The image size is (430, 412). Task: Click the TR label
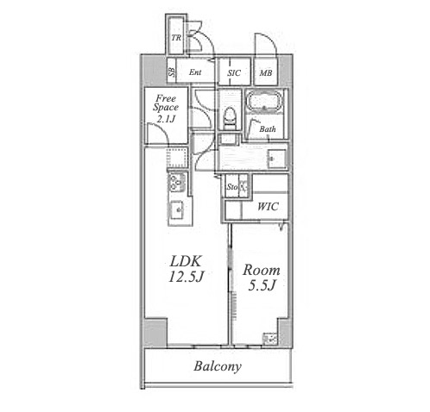176,38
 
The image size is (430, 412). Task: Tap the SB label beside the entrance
172,72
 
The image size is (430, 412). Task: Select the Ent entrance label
195,72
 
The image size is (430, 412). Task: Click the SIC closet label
234,73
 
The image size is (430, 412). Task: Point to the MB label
266,73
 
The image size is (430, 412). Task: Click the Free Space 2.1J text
166,109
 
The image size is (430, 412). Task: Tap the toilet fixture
231,118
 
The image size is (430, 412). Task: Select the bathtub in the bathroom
264,101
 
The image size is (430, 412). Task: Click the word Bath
268,129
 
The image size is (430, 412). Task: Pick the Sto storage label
232,187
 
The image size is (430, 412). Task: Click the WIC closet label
268,207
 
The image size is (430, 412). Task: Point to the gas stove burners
176,182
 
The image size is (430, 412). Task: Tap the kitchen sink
176,209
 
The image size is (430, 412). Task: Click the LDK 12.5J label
186,269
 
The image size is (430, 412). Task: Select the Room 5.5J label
262,278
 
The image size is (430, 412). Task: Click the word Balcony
218,366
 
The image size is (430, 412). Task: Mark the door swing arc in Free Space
161,128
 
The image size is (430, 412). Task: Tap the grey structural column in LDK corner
155,332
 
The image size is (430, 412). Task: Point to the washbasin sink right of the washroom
277,159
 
